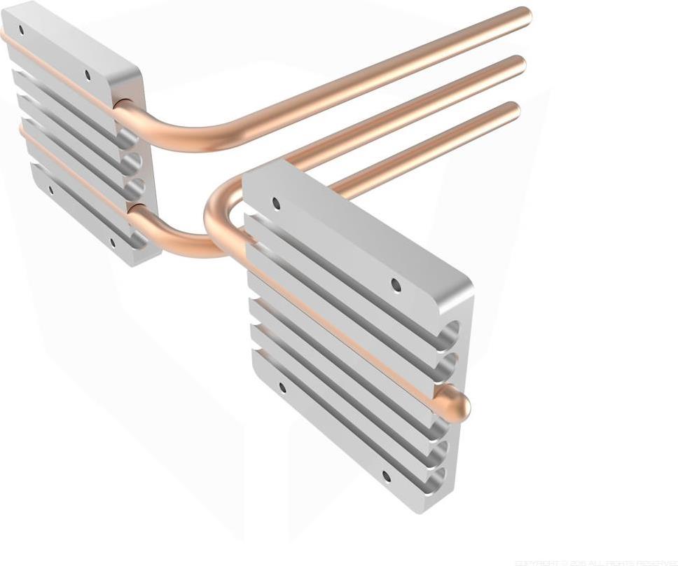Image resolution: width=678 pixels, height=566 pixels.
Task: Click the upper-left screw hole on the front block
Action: click(x=276, y=203)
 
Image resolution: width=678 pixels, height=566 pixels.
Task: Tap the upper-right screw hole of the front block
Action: click(x=396, y=284)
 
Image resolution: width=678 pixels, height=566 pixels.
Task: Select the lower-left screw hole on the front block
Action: click(x=282, y=387)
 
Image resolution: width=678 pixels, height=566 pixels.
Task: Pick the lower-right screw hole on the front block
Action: click(x=386, y=476)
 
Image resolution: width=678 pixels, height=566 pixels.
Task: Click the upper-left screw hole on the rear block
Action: click(x=21, y=30)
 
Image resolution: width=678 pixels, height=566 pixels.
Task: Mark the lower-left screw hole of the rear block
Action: click(x=50, y=189)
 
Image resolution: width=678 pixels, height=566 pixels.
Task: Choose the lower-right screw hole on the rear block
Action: click(x=112, y=243)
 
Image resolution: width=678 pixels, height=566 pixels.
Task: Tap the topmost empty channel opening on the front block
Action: click(x=450, y=331)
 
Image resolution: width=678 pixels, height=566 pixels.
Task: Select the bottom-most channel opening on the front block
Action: click(x=438, y=478)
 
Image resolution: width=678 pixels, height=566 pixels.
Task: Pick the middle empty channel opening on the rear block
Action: click(x=135, y=163)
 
